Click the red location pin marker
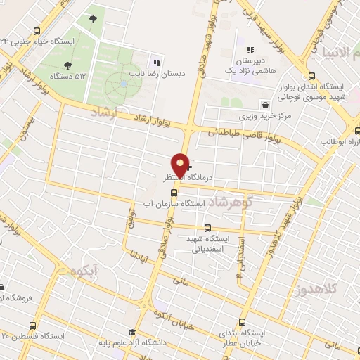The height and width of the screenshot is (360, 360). click(x=181, y=165)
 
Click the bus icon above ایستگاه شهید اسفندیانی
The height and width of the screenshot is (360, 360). click(x=207, y=228)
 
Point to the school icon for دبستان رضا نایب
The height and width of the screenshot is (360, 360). click(x=157, y=60)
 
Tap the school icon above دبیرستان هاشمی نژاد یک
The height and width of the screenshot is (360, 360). click(x=250, y=50)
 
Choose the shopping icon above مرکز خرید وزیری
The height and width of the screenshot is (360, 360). click(x=264, y=103)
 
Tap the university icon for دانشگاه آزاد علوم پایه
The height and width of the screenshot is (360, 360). click(x=131, y=333)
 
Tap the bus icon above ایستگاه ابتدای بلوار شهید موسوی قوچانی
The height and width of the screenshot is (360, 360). click(x=312, y=76)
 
